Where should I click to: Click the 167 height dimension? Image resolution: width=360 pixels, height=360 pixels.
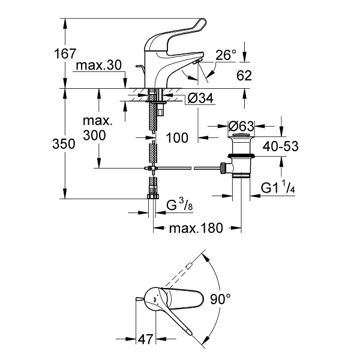(65, 54)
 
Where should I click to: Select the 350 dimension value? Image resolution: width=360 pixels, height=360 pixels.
(64, 144)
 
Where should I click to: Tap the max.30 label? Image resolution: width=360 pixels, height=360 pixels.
(99, 65)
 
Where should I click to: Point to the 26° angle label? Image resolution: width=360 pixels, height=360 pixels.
(226, 55)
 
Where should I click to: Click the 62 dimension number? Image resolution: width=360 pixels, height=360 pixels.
(244, 76)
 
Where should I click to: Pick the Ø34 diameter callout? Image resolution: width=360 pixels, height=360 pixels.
(200, 98)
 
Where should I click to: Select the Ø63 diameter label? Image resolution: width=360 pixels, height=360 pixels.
(241, 126)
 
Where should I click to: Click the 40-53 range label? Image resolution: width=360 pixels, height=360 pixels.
(281, 146)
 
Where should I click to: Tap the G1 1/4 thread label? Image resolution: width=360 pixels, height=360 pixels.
(278, 187)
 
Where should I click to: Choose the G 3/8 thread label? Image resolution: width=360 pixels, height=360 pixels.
(179, 205)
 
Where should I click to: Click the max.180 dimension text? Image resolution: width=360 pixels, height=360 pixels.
(196, 228)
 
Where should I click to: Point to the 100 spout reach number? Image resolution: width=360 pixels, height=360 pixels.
(177, 138)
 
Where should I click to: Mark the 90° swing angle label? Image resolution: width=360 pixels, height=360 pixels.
(220, 299)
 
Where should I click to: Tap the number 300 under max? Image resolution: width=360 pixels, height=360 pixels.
(94, 136)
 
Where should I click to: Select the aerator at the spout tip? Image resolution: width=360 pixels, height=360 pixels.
(197, 61)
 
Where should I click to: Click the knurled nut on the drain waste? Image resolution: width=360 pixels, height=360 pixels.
(223, 168)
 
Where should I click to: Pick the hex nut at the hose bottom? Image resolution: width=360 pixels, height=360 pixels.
(153, 196)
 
